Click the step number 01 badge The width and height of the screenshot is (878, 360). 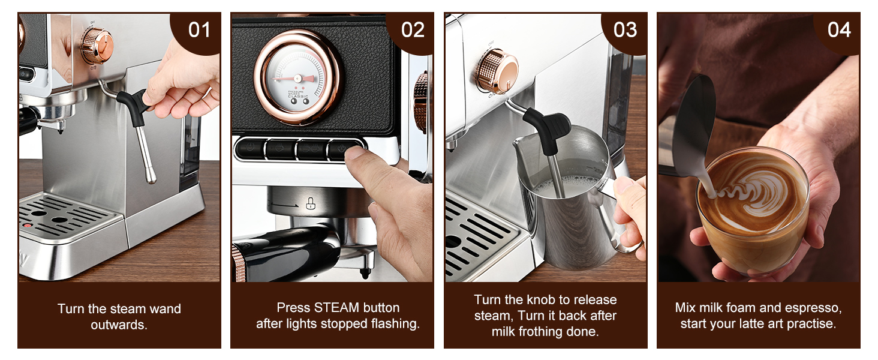[199, 29]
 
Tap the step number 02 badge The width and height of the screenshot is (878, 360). [413, 29]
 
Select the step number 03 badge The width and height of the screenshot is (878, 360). [625, 29]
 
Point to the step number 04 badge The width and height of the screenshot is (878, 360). [838, 29]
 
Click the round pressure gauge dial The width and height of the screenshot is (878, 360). [297, 77]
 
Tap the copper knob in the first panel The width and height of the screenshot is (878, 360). [97, 45]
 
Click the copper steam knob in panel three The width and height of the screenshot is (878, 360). [497, 71]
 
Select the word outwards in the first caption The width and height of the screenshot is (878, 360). [119, 325]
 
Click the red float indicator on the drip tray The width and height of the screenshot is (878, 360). [27, 226]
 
